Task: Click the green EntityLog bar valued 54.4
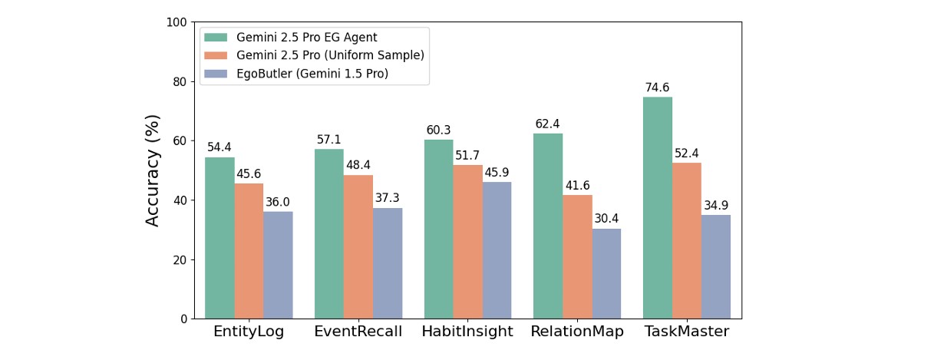pos(219,238)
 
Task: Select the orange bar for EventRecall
pos(358,246)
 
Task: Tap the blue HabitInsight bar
pos(497,250)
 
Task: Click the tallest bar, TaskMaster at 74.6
pos(658,208)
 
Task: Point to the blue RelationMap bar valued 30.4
pos(606,273)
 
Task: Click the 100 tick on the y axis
pos(177,22)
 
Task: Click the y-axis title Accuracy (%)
pos(153,170)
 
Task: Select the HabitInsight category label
pos(467,332)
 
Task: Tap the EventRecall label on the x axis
pos(358,332)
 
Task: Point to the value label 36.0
pos(278,203)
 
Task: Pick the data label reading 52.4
pos(687,154)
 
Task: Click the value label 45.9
pos(497,173)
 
